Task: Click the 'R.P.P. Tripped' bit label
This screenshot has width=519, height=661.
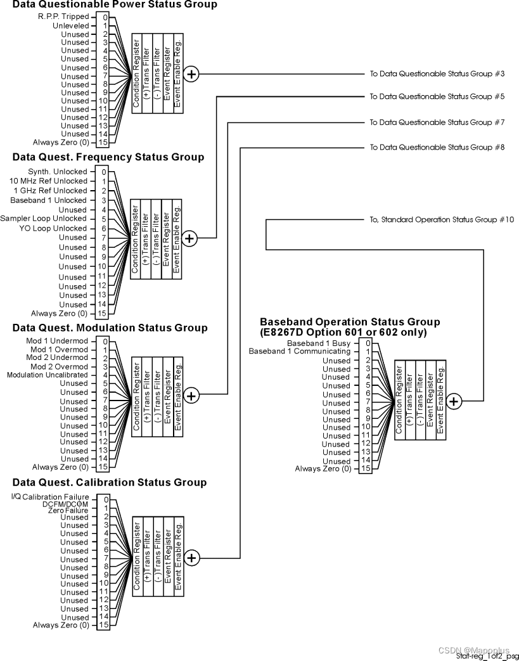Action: coord(63,16)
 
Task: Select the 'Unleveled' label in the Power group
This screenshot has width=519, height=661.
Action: coord(70,26)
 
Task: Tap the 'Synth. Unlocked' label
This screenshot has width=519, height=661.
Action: coord(58,172)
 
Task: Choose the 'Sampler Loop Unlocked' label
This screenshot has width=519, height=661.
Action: coord(44,219)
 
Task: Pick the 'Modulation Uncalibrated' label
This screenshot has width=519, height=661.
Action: coord(48,375)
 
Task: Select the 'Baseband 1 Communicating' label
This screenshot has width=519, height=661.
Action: coord(299,351)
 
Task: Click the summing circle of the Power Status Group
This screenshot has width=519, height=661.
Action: coord(191,74)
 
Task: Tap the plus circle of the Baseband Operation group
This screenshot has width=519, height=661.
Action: coord(454,401)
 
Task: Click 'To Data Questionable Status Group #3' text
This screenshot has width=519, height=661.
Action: coord(437,74)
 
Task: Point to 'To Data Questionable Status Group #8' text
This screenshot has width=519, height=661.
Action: coord(437,148)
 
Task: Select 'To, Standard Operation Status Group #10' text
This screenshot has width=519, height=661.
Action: coord(442,220)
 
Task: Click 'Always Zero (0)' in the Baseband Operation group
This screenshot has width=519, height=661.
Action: coord(323,469)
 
